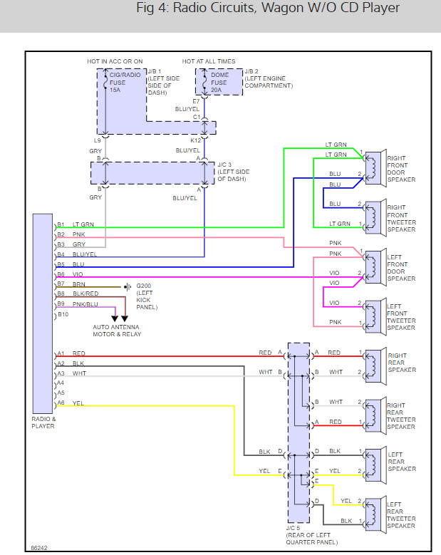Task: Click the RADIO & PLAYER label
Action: [43, 422]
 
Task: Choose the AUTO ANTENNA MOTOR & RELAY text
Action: [118, 331]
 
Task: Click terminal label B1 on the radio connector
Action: [61, 225]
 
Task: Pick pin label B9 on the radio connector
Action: [61, 304]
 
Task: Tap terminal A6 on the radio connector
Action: [61, 403]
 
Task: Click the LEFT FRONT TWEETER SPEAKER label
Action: [401, 314]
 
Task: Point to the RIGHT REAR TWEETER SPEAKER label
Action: [402, 416]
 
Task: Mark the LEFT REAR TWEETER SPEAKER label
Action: [402, 515]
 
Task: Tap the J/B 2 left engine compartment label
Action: [269, 78]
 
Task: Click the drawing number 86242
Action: [40, 548]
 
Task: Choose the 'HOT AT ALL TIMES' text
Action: [209, 61]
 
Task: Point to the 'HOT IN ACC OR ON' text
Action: [115, 61]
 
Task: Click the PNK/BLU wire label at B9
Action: [85, 304]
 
